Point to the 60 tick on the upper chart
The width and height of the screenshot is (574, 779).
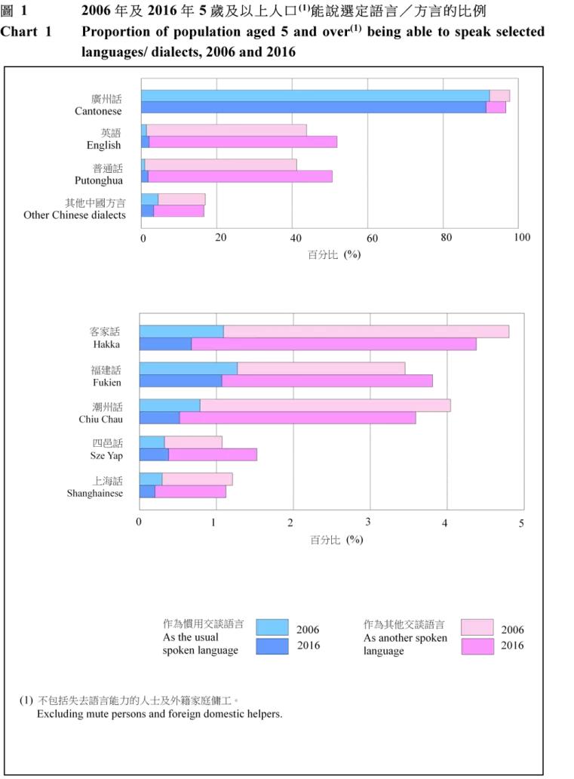pos(372,238)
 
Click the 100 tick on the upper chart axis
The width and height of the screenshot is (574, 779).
pos(521,238)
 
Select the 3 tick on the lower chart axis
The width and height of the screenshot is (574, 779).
pos(368,522)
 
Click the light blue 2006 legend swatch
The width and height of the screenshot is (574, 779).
pos(272,628)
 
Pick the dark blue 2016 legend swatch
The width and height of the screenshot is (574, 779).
pos(272,645)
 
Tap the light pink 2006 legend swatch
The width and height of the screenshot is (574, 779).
pos(477,628)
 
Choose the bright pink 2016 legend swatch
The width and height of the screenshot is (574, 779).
pos(477,646)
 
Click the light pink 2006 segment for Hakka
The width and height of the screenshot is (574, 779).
pos(366,331)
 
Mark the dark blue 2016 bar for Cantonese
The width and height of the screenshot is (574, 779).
pos(313,107)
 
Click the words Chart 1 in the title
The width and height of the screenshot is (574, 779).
pos(26,32)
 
